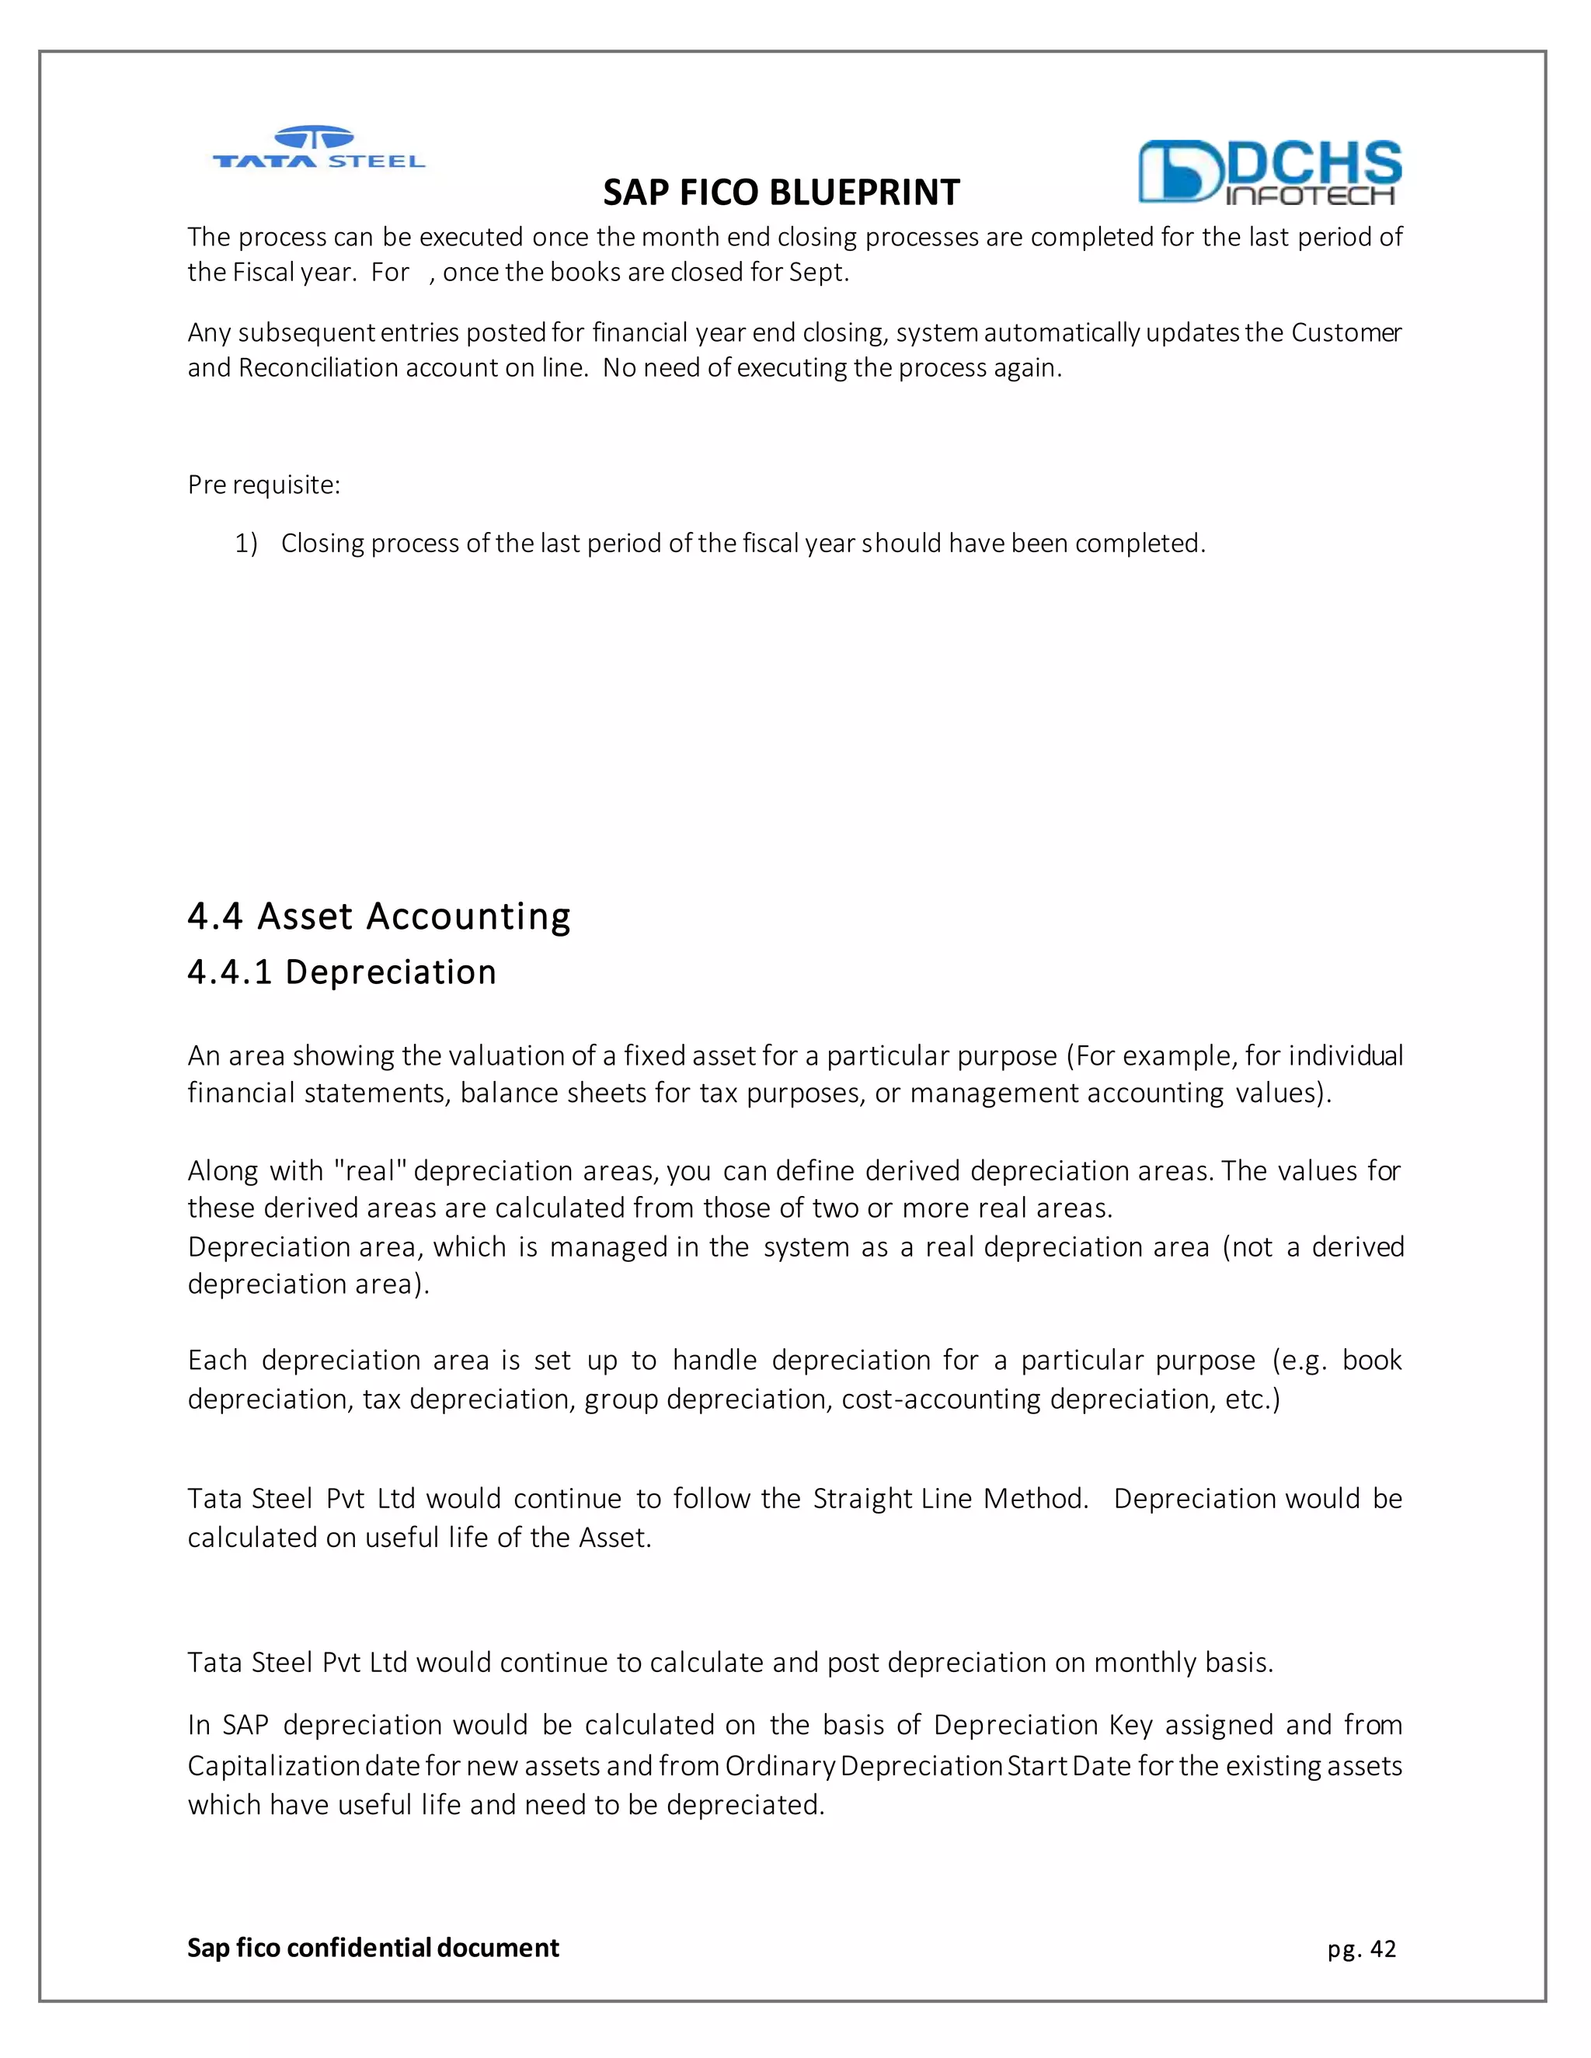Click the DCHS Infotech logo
[x=1269, y=172]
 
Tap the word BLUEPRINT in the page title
[x=865, y=193]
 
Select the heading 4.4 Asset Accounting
[x=379, y=916]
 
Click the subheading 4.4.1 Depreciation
[x=341, y=972]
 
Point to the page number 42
[x=1383, y=1948]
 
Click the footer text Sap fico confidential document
[x=373, y=1948]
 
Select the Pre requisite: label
[x=264, y=485]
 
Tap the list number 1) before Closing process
[x=246, y=544]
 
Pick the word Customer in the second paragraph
[x=1346, y=332]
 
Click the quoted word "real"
[x=371, y=1170]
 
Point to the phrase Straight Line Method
[x=950, y=1498]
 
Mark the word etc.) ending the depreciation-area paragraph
[x=1252, y=1399]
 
